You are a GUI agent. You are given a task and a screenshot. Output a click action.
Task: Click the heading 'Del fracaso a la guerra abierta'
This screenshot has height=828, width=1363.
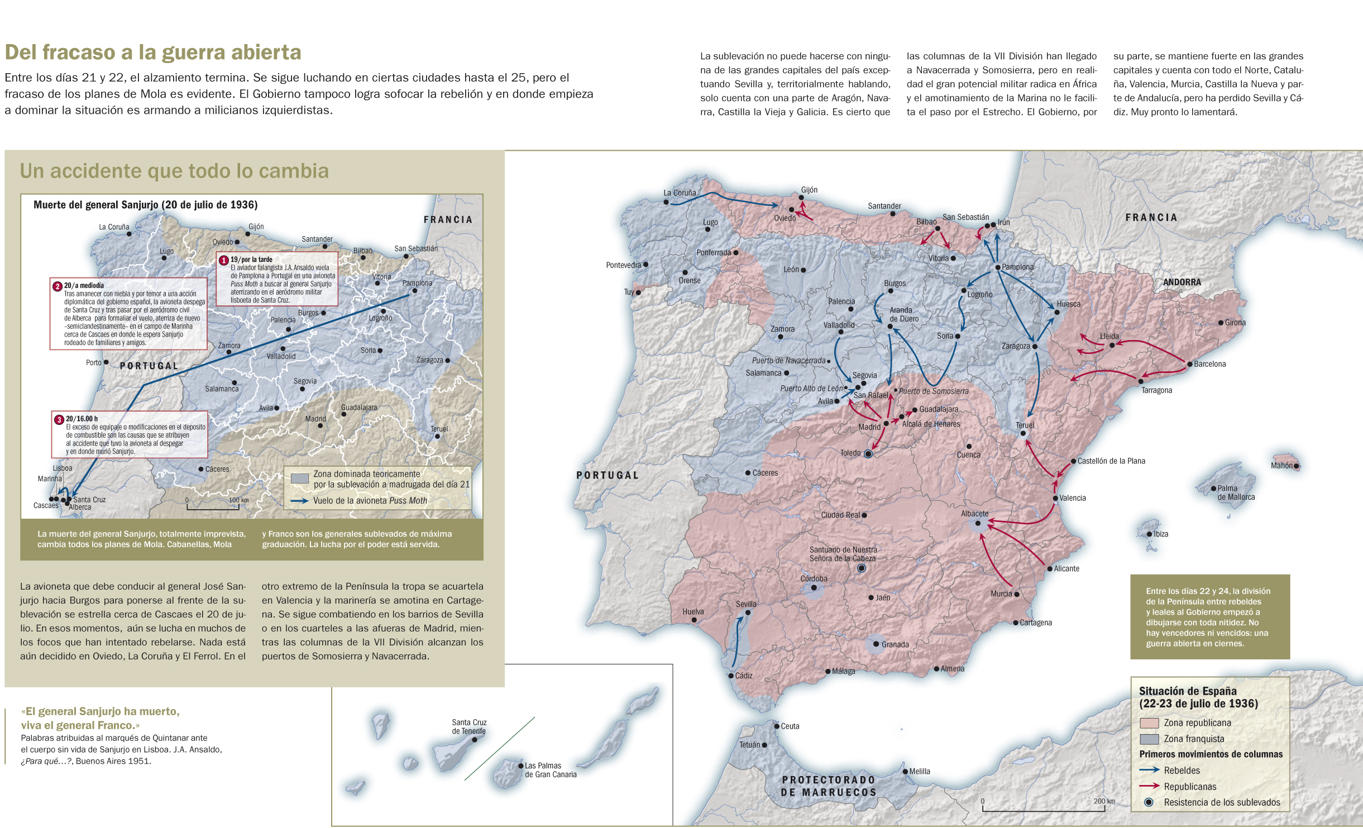coord(152,52)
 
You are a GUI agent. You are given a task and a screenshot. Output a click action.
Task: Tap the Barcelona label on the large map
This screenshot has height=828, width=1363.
coord(1209,364)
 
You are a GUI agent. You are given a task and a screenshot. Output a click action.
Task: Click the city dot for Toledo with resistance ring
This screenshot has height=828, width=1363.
coord(868,454)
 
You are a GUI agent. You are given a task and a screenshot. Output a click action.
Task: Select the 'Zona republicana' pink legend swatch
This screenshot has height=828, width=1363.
coord(1149,723)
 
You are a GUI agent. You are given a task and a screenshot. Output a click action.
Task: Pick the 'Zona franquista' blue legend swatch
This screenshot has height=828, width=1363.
coord(1149,739)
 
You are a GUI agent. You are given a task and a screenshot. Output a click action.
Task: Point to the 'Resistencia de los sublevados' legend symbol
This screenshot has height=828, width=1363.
coord(1149,802)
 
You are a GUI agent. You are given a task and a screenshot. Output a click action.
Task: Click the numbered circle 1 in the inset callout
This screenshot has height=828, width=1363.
coord(224,260)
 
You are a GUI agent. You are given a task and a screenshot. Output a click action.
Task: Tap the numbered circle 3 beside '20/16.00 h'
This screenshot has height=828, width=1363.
coord(59,419)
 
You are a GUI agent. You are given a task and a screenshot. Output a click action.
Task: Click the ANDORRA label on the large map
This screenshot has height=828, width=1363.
coord(1182,283)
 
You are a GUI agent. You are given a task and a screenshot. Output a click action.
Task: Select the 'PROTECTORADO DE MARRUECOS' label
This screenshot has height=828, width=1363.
coord(828,786)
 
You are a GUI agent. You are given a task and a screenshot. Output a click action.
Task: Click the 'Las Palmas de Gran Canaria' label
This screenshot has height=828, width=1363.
coord(550,770)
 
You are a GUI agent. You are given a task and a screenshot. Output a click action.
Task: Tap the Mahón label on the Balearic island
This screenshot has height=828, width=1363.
coord(1281,466)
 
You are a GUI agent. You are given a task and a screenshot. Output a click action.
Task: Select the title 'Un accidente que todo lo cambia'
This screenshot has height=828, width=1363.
coord(174,171)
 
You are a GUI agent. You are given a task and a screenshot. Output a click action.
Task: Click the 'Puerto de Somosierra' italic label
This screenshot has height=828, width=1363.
coord(934,391)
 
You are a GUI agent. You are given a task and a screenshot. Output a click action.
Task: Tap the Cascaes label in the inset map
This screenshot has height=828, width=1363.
coord(45,506)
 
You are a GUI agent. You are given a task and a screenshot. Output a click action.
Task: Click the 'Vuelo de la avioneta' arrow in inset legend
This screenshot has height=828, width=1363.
coord(299,501)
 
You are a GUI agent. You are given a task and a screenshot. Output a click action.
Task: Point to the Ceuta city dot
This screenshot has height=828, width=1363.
coord(777,726)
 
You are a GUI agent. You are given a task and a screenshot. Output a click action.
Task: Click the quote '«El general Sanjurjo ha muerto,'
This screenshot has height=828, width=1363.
coord(101,711)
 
